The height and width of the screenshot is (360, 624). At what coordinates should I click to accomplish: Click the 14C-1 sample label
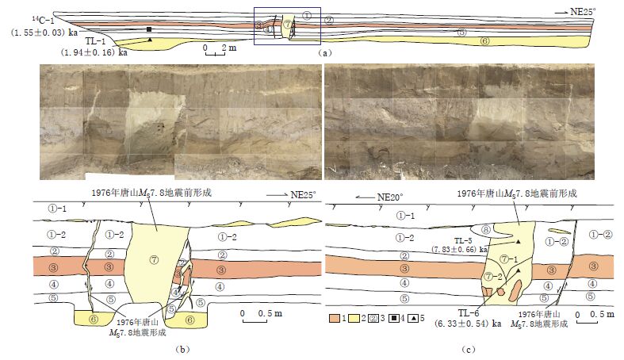pos(22,20)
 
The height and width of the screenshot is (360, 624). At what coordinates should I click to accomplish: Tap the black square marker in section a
pos(149,29)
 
